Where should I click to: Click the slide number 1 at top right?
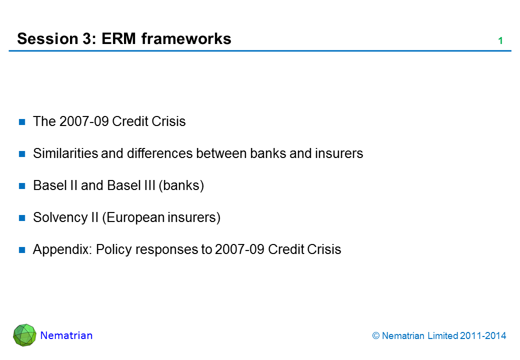pyautogui.click(x=500, y=41)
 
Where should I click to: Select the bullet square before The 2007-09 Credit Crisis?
pyautogui.click(x=22, y=122)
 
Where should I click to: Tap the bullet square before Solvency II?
pyautogui.click(x=22, y=218)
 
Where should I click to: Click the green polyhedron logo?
pyautogui.click(x=24, y=335)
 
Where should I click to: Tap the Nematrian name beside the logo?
pyautogui.click(x=66, y=335)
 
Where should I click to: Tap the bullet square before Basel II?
pyautogui.click(x=22, y=186)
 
